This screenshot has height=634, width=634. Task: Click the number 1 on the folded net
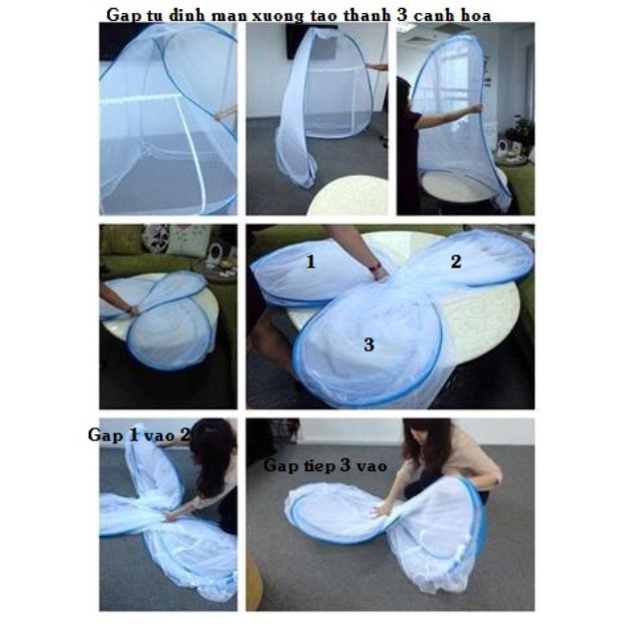tap(311, 262)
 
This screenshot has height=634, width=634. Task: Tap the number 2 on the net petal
tap(454, 264)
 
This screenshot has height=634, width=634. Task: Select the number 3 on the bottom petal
tap(368, 344)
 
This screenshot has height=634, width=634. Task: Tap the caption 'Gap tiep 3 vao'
tap(310, 465)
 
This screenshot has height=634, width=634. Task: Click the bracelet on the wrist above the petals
tap(377, 270)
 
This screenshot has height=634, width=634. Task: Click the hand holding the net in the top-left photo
tap(229, 114)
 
